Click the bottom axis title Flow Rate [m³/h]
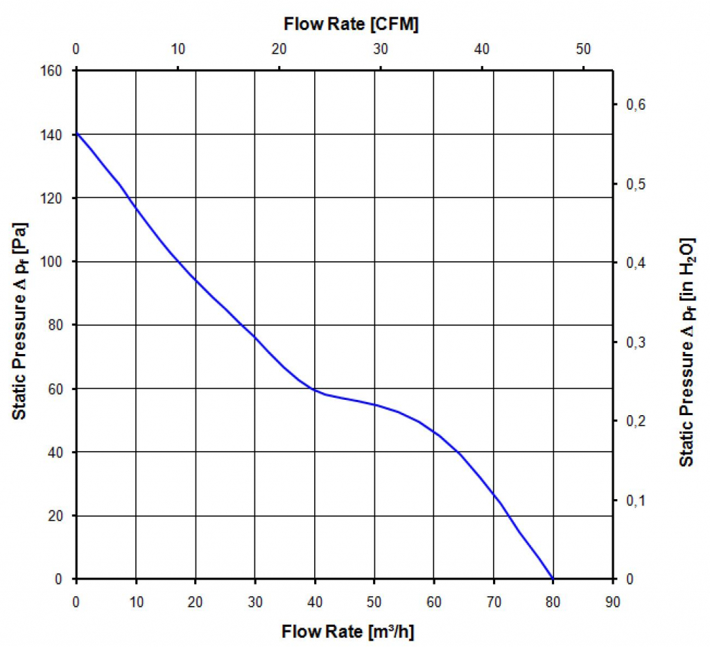(348, 632)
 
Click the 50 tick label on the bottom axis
(374, 597)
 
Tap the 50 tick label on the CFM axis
(583, 49)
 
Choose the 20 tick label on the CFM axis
(279, 49)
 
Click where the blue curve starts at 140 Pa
(76, 133)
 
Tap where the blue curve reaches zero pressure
(553, 578)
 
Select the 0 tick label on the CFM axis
(76, 49)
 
